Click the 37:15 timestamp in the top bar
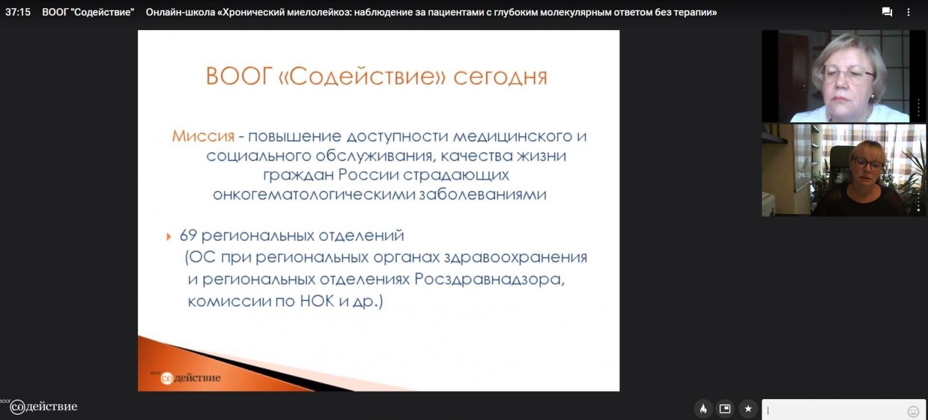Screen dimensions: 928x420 (18, 12)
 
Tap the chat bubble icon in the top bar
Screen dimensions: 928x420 (887, 12)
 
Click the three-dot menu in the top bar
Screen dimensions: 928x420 (908, 12)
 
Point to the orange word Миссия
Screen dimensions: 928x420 (203, 136)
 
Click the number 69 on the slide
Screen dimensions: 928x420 (188, 236)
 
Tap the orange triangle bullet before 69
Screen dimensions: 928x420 (169, 237)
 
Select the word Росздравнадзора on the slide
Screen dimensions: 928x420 (490, 279)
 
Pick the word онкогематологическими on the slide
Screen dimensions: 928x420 (313, 194)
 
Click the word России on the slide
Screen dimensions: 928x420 (368, 175)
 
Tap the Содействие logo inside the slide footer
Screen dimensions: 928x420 (190, 377)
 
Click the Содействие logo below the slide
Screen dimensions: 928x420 (43, 406)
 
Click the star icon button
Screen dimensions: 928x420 (748, 409)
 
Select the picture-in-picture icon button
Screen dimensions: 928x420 (725, 409)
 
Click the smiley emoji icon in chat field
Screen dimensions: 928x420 (913, 411)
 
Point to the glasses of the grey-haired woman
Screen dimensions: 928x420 (846, 75)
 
